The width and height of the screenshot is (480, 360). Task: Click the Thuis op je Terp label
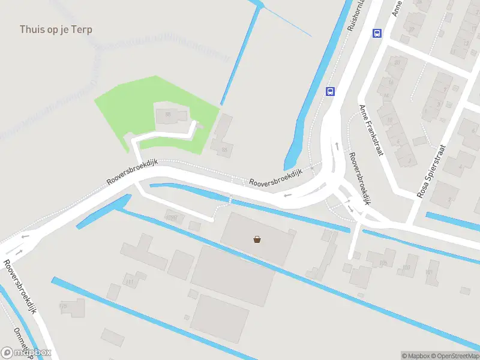[x=56, y=29]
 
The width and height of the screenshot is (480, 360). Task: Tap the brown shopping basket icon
[x=257, y=239]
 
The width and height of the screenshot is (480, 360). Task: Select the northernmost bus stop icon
[x=377, y=34]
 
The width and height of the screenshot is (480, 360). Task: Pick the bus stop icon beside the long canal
[x=330, y=91]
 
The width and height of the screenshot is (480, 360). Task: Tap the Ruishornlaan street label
[x=358, y=14]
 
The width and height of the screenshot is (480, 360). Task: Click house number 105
[x=383, y=262]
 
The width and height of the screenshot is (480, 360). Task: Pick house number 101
[x=429, y=272]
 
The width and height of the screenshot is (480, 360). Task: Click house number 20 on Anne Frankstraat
[x=397, y=62]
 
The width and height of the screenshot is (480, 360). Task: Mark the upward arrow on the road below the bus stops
[x=337, y=146]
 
